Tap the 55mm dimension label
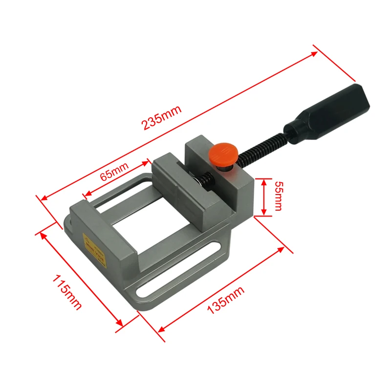coord(278,195)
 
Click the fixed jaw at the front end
coord(103,239)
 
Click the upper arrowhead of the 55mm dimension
coord(263,181)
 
